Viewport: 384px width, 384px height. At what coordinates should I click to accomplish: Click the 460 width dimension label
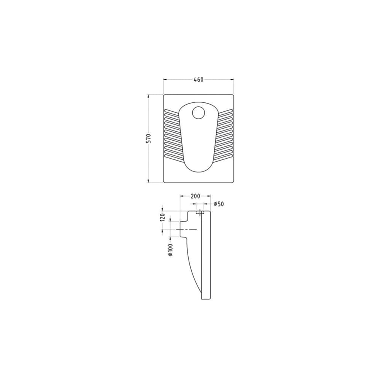[199, 79]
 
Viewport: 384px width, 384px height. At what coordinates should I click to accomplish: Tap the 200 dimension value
[195, 196]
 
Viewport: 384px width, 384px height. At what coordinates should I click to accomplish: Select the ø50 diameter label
[219, 204]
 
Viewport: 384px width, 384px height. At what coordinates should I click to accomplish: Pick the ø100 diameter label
[171, 250]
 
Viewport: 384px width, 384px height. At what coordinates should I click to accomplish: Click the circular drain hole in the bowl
[198, 113]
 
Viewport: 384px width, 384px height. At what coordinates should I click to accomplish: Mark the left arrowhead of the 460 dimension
[165, 79]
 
